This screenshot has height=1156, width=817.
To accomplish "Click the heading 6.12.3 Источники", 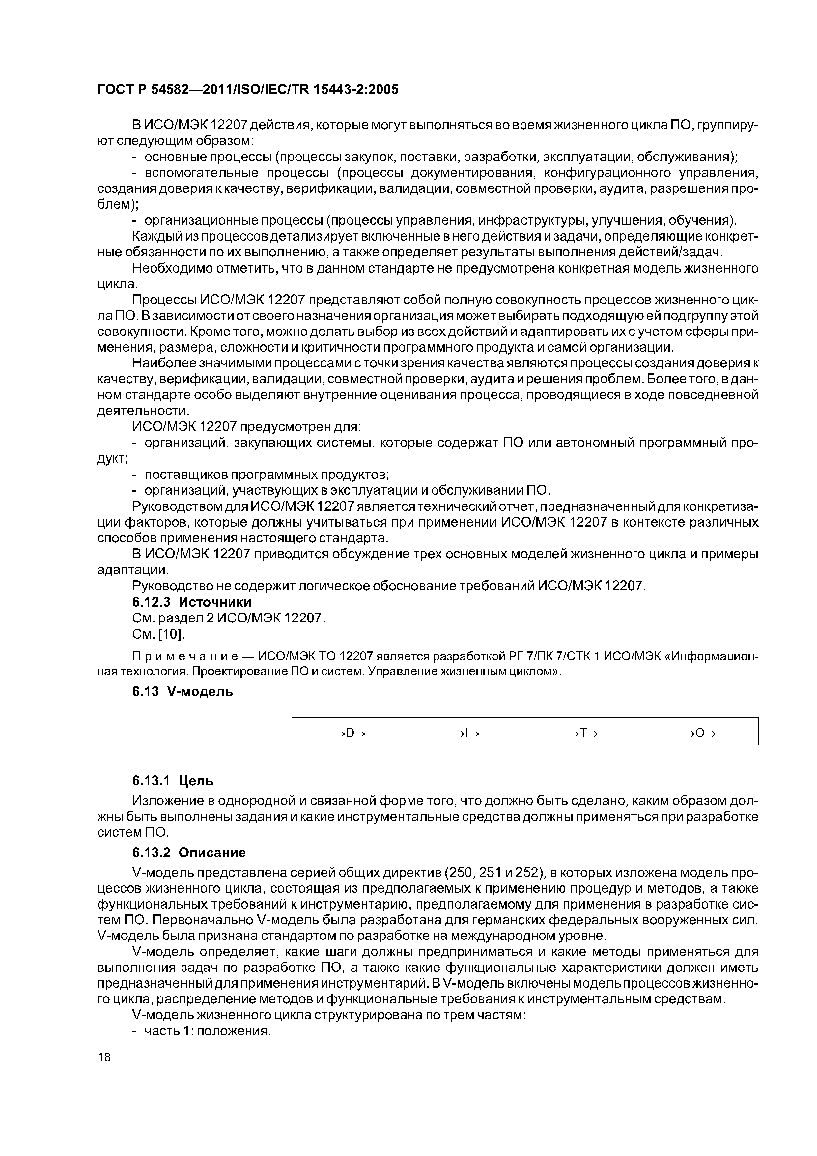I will coord(191,602).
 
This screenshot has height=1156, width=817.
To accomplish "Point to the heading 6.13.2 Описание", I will coord(189,853).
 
